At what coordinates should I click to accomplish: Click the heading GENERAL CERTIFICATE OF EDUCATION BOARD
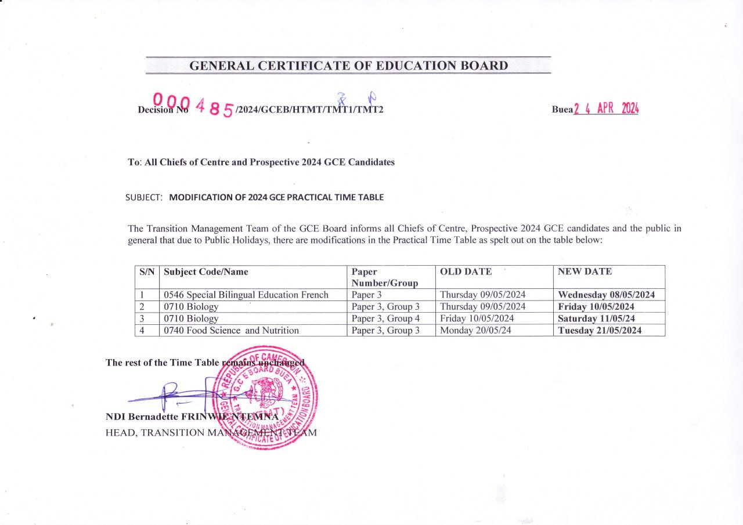click(348, 66)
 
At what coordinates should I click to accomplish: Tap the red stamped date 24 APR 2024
click(606, 109)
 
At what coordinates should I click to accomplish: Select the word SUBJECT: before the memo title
click(144, 197)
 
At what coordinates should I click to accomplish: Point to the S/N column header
click(147, 271)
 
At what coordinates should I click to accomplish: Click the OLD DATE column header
click(466, 271)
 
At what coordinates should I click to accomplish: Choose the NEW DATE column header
click(585, 271)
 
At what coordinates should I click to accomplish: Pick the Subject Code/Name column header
click(206, 271)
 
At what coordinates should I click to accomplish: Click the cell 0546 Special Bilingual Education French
click(246, 295)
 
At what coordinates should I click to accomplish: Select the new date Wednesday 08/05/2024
click(606, 295)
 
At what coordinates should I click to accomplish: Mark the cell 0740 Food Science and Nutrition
click(231, 331)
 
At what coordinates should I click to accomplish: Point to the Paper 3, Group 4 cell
click(385, 318)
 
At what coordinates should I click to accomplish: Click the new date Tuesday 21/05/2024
click(600, 331)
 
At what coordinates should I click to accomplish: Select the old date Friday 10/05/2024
click(477, 318)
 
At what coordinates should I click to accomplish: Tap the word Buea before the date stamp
click(562, 110)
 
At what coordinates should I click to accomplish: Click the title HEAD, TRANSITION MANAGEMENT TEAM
click(211, 433)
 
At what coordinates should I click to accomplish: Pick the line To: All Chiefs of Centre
click(261, 162)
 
